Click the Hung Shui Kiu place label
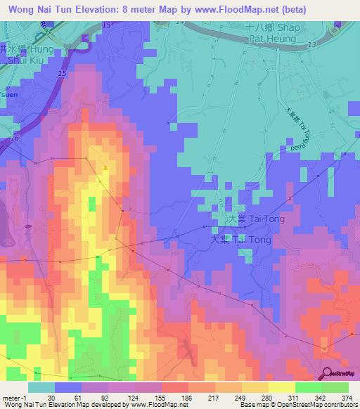28,54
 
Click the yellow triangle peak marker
105,167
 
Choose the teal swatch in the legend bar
41,387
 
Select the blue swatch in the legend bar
68,387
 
